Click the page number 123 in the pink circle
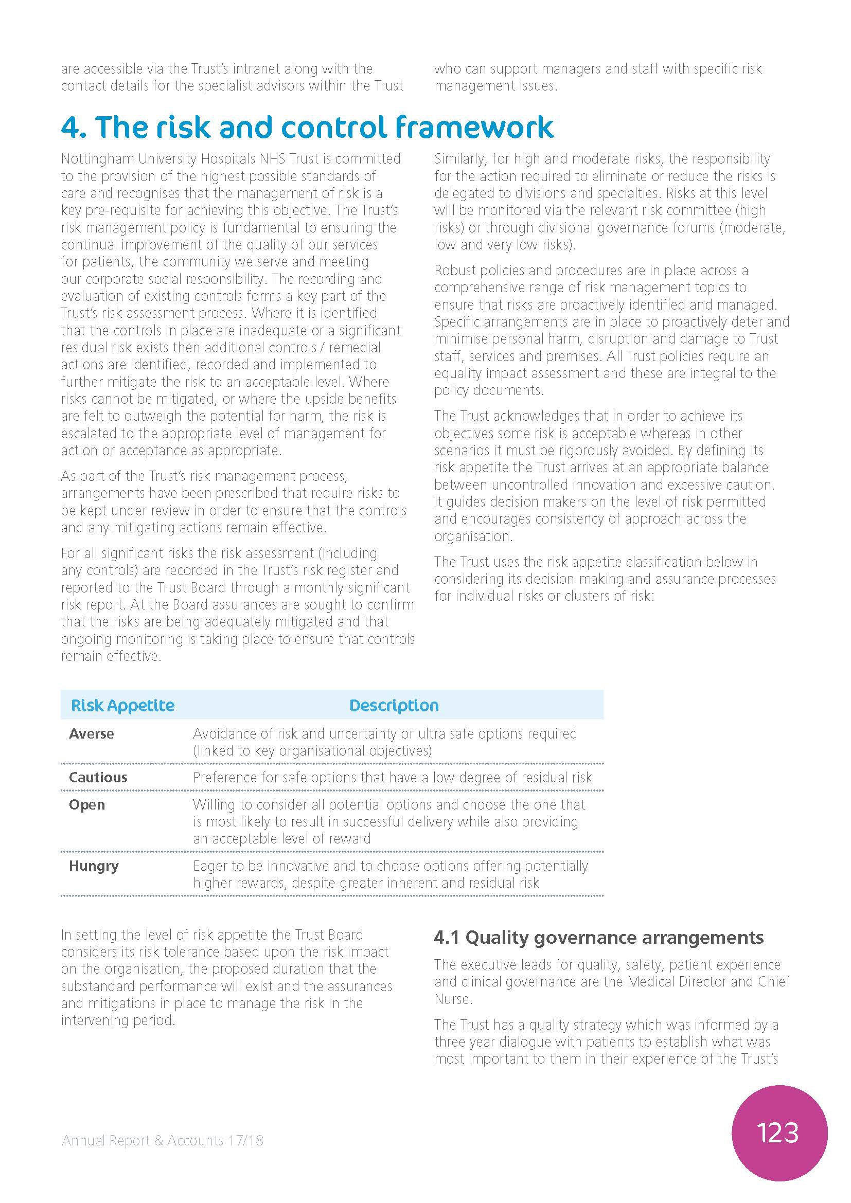(x=777, y=1132)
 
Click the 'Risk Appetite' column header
(x=122, y=705)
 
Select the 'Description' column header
(x=394, y=705)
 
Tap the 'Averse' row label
(x=91, y=733)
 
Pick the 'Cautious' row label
(x=98, y=777)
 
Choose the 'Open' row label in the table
(x=87, y=804)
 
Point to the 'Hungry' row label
(x=94, y=866)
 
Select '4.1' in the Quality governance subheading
(x=446, y=938)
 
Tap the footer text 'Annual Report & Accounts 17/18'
(x=163, y=1140)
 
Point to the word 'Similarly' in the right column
(x=459, y=159)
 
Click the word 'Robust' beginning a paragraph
(x=455, y=271)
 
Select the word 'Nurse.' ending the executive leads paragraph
(x=453, y=999)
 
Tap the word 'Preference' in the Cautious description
(x=224, y=777)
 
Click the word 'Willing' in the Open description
(x=214, y=804)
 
